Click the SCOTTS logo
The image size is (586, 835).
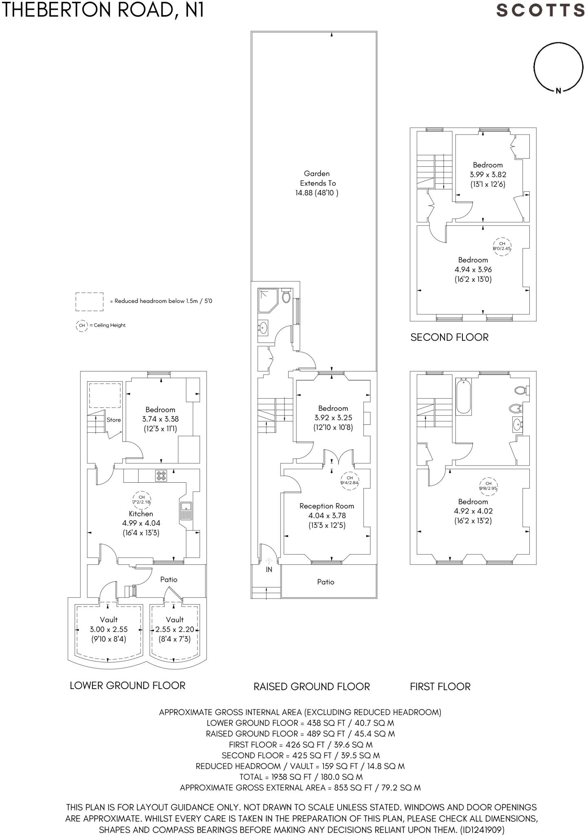[x=540, y=10]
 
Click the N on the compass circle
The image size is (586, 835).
[x=559, y=91]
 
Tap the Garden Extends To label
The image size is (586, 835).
[x=317, y=183]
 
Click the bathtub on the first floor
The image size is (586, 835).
[x=464, y=396]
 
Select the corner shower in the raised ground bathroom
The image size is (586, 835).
[x=268, y=300]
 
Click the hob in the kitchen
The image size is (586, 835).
[x=161, y=475]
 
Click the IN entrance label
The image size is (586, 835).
[x=269, y=570]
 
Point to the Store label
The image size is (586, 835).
[x=113, y=420]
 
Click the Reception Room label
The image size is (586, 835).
[x=327, y=506]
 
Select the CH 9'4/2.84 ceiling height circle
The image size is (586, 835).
[x=349, y=480]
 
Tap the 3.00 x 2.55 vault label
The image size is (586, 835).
[x=108, y=629]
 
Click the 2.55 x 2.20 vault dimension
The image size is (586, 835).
[x=175, y=629]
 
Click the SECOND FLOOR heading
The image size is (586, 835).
[x=449, y=337]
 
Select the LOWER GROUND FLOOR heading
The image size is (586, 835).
[x=127, y=685]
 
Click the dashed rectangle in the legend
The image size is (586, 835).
[x=89, y=301]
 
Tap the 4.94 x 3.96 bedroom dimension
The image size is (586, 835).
[x=473, y=269]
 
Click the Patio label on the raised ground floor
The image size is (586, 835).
[x=325, y=582]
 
